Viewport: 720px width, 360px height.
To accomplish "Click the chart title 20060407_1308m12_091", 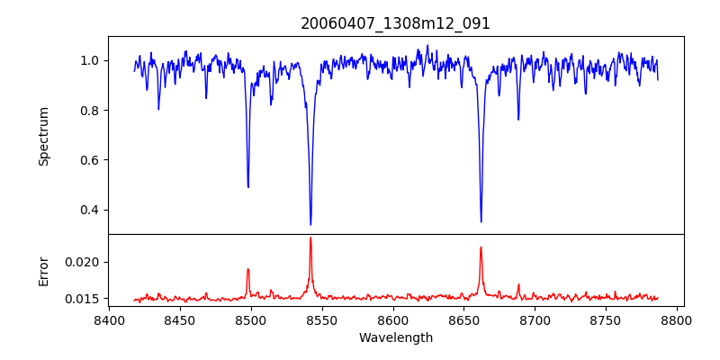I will tap(395, 23).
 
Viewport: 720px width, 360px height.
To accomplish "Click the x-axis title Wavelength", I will tap(395, 338).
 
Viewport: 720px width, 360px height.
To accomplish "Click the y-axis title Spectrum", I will tap(44, 136).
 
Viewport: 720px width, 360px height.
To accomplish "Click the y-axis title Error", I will tap(44, 270).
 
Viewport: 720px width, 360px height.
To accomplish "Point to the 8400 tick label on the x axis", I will tap(109, 319).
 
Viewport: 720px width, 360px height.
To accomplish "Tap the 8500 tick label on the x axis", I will tap(251, 319).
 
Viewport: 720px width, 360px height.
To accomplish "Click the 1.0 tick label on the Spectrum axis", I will tap(93, 61).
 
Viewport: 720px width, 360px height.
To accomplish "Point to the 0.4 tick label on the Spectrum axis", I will tap(93, 211).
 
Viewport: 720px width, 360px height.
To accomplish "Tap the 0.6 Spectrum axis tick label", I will tap(93, 160).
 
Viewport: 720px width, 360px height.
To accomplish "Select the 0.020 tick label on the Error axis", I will tap(86, 262).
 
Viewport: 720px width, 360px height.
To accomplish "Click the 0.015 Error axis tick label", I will tap(86, 299).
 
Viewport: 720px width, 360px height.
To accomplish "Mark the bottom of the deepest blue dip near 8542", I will tap(310, 224).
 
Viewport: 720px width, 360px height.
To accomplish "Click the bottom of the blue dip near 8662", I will tap(481, 221).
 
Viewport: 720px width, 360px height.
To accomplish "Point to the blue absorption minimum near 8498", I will tap(248, 186).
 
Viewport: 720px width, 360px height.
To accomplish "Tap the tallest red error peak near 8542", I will tap(310, 238).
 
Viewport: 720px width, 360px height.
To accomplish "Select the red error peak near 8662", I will tap(481, 247).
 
